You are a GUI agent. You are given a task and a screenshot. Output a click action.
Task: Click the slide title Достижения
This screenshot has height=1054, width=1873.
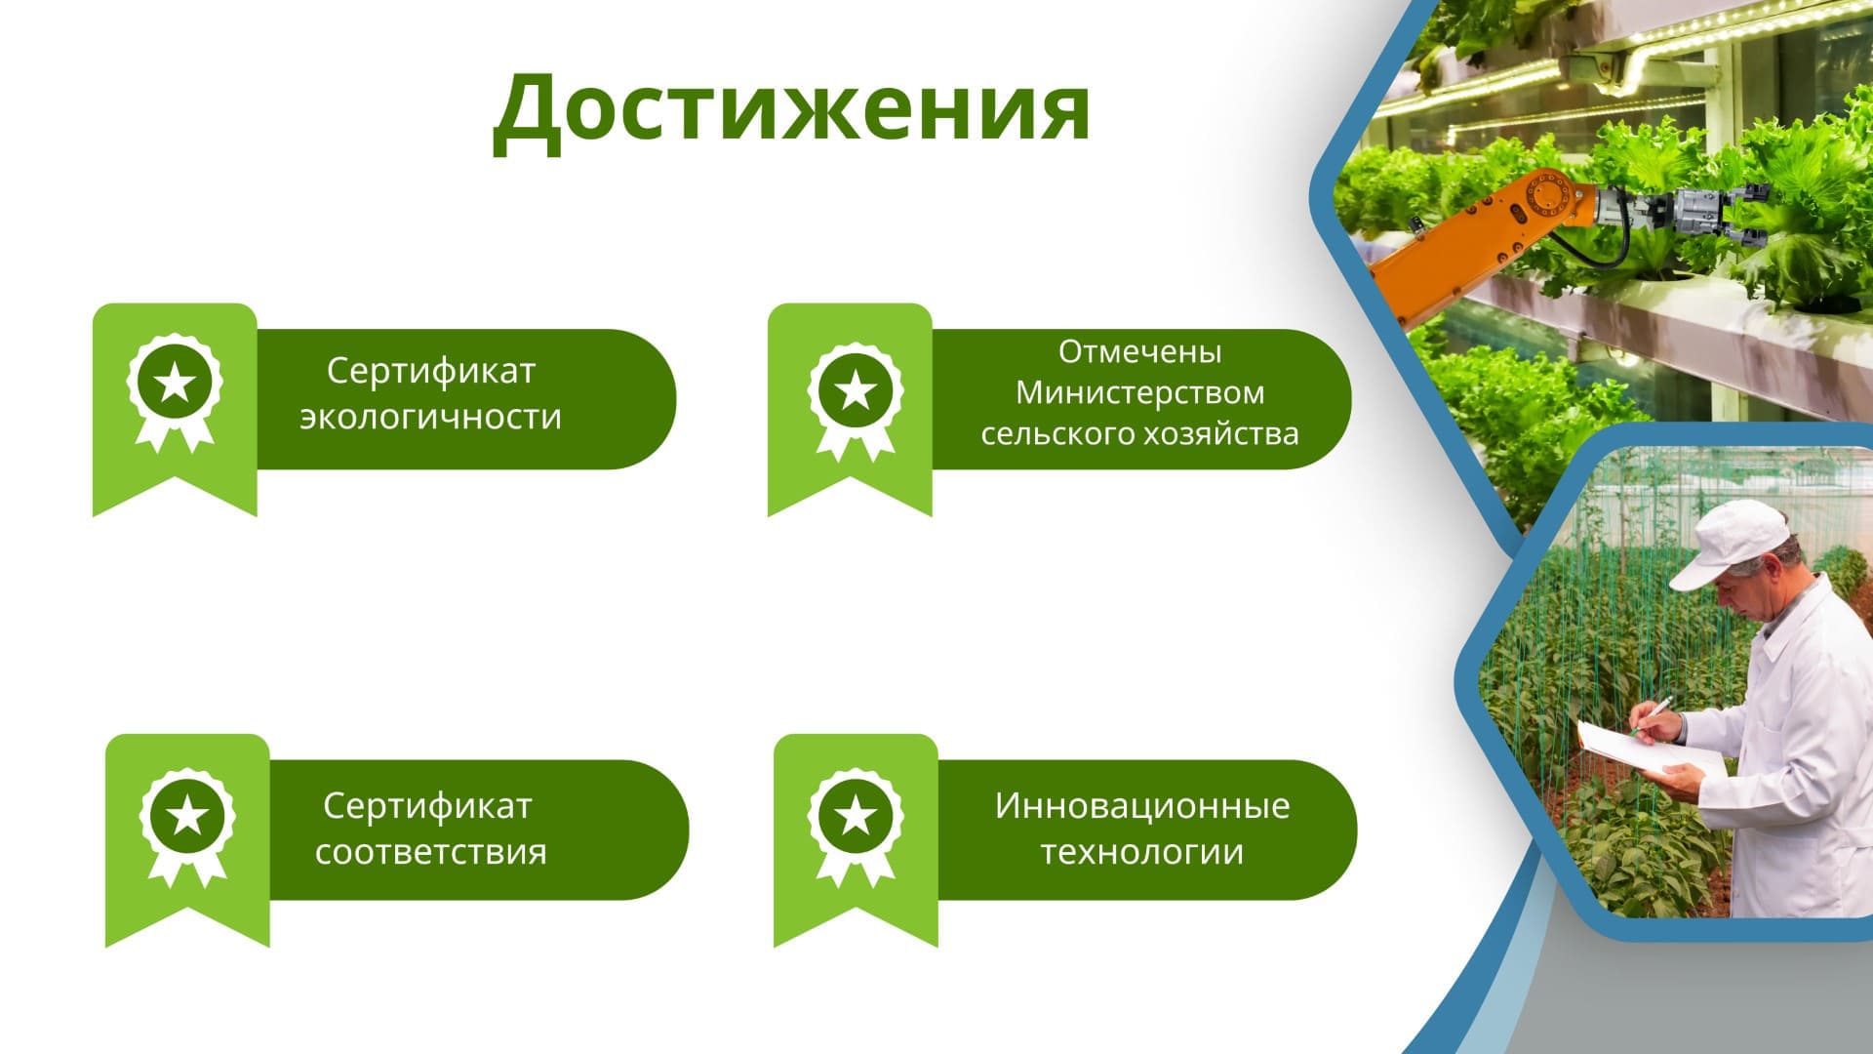click(x=791, y=109)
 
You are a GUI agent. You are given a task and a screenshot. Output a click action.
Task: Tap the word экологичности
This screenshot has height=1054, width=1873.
click(x=430, y=417)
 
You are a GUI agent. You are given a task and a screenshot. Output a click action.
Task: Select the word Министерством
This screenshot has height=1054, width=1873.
click(x=1140, y=392)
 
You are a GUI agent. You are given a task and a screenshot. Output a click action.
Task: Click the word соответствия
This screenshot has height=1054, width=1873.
click(x=431, y=852)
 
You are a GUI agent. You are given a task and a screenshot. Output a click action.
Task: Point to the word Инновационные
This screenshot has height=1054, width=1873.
click(x=1142, y=806)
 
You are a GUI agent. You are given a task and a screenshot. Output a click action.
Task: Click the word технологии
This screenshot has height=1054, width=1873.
click(x=1142, y=852)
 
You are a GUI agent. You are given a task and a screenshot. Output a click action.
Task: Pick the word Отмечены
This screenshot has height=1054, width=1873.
click(x=1140, y=351)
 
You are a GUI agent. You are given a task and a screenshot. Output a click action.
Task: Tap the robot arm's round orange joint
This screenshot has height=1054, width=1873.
click(x=1547, y=198)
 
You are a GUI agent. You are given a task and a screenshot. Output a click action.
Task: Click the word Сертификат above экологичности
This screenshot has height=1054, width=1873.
click(x=430, y=371)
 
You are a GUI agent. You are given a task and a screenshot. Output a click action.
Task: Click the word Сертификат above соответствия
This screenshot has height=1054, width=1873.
click(x=427, y=806)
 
